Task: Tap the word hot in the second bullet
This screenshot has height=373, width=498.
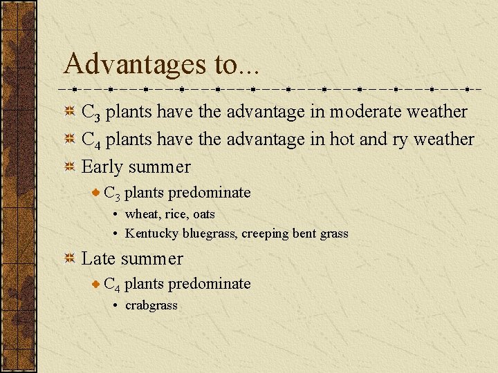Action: point(342,139)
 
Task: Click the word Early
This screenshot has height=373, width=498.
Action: point(102,167)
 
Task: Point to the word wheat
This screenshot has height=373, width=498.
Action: point(140,214)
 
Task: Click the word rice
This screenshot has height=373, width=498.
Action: point(176,214)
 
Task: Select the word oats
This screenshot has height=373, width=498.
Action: point(204,214)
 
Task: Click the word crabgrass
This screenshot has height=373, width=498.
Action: point(151,305)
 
